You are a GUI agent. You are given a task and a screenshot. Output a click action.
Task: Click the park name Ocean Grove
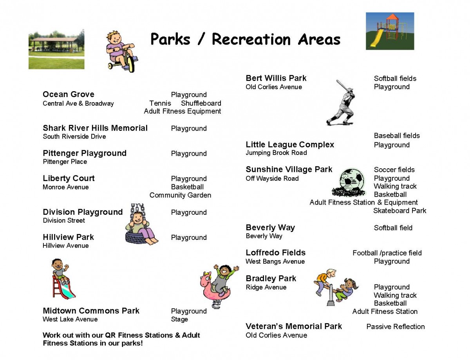tap(69, 94)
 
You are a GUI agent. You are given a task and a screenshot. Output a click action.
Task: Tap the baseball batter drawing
tap(341, 103)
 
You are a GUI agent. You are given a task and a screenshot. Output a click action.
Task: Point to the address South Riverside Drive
tap(74, 136)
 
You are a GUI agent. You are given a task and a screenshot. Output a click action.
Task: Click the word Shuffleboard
tap(201, 103)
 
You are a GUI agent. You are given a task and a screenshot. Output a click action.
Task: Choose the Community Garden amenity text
tap(180, 195)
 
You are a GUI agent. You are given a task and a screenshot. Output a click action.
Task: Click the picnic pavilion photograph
tap(56, 49)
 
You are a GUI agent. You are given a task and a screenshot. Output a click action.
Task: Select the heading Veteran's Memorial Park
tap(293, 326)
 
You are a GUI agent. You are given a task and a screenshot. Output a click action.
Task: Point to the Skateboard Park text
tap(400, 211)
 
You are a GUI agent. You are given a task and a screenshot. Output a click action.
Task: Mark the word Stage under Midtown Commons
tap(179, 319)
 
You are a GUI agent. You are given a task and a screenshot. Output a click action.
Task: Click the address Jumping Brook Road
tap(276, 153)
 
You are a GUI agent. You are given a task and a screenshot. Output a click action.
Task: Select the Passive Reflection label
tap(395, 326)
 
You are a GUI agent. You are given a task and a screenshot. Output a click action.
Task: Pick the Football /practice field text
tap(387, 253)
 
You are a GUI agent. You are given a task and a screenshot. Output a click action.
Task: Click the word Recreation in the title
tap(251, 40)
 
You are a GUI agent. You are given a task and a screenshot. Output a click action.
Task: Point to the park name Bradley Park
tap(271, 278)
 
